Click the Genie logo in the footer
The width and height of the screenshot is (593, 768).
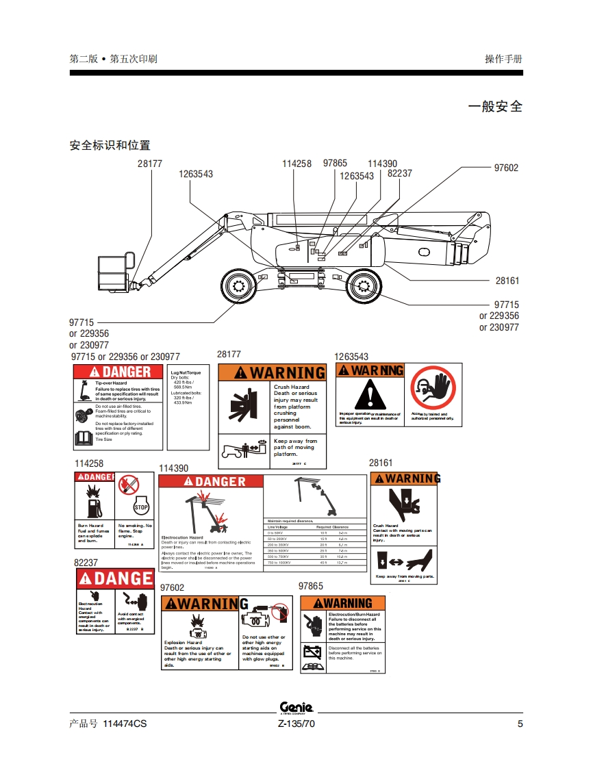[296, 708]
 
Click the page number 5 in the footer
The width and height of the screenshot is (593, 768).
[520, 724]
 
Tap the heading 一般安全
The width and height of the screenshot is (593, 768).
[494, 107]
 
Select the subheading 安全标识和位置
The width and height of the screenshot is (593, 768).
[110, 145]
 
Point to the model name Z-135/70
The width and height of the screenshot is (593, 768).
[296, 724]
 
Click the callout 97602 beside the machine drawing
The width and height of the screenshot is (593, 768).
[506, 168]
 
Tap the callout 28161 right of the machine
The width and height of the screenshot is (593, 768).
[507, 281]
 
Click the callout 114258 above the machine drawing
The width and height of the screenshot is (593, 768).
[296, 164]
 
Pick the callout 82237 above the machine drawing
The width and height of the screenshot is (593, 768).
[400, 173]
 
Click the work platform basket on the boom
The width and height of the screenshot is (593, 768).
[113, 272]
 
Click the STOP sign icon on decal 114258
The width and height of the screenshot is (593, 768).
[141, 507]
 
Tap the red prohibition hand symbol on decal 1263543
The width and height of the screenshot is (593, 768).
[432, 388]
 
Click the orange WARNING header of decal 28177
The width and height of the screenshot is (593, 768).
[272, 372]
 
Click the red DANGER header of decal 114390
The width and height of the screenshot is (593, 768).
[210, 481]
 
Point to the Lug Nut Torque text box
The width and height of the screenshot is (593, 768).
[189, 407]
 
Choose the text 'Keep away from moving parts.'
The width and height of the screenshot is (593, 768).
[404, 576]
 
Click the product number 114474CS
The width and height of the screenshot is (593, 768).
[124, 724]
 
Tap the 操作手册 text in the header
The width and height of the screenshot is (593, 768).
[503, 59]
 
